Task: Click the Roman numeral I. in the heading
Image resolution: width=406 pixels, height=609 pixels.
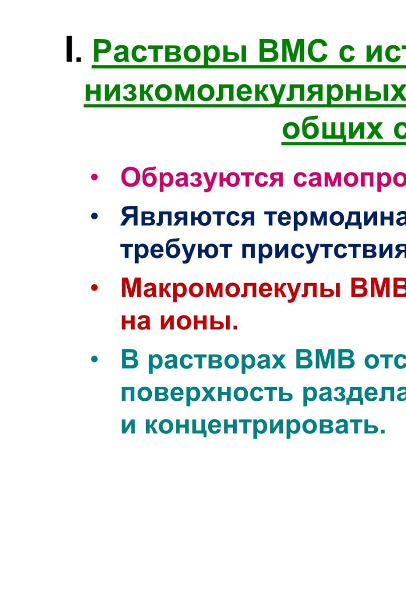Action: coord(73,49)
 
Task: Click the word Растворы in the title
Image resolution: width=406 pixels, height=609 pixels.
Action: coord(170,52)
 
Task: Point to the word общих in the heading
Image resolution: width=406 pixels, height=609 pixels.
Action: coord(333,130)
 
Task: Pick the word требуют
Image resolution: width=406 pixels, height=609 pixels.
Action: coord(176,250)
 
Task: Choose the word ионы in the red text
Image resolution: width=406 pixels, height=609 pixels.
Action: coord(199,323)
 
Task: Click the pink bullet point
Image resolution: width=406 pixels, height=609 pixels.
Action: coord(94,178)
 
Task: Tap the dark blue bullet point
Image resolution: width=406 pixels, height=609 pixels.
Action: coord(94,217)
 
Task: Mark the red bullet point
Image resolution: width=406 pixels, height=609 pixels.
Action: coord(94,288)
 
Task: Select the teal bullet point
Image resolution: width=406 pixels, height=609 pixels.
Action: coord(94,360)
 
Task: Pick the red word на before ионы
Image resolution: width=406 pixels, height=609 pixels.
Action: coord(136,323)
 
